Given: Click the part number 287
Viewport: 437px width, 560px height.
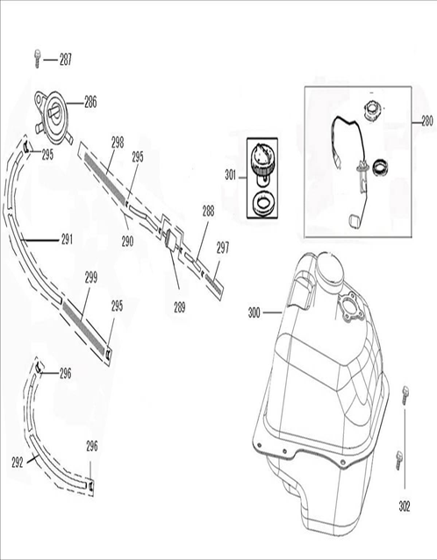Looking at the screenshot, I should coord(66,60).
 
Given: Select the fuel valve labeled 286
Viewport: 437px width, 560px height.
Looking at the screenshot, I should coord(54,114).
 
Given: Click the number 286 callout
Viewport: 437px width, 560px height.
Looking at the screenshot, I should coord(90,102).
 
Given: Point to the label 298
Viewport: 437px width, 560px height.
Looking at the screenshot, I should coord(118,140).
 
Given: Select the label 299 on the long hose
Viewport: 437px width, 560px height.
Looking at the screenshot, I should coord(90,276).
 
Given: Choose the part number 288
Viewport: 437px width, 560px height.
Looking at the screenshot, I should coord(208,211).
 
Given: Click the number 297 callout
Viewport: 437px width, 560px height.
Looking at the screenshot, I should coord(223,248).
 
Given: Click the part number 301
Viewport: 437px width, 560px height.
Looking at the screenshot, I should coord(231,175).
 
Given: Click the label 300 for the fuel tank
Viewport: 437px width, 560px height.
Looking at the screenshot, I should coord(254,312).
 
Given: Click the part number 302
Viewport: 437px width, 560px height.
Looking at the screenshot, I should coord(404,506).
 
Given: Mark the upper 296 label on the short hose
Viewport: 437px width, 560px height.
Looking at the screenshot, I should coord(65,373).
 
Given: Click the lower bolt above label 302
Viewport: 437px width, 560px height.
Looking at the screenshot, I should coord(398,457).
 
